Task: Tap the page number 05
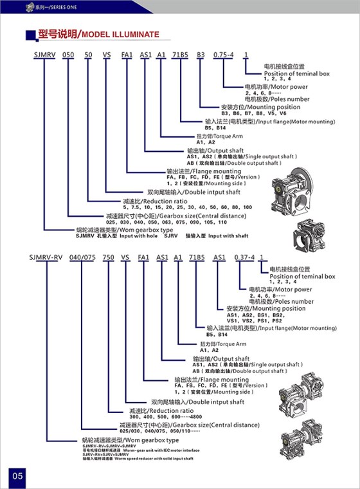click(17, 475)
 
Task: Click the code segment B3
click(201, 58)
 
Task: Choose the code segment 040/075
click(80, 257)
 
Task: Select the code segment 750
click(109, 257)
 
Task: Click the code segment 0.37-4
click(242, 257)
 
